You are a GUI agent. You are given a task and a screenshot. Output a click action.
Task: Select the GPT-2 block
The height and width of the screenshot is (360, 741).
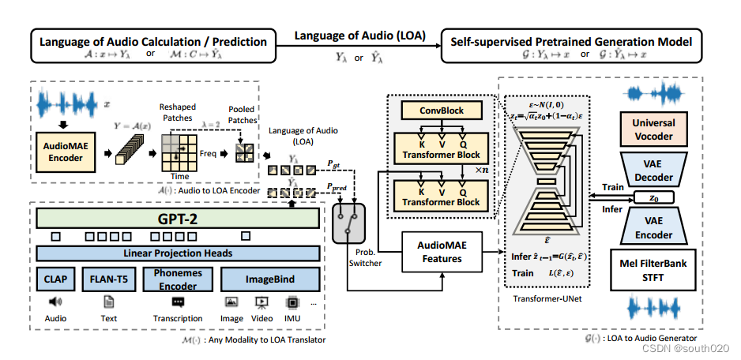178,218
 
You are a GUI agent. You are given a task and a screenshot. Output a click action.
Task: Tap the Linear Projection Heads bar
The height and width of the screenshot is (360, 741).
178,253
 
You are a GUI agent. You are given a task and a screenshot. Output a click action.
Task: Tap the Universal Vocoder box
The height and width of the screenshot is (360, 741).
653,129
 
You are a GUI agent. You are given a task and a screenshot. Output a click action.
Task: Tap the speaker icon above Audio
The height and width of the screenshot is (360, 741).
55,302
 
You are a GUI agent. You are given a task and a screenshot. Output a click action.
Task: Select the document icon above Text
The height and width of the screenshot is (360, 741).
109,302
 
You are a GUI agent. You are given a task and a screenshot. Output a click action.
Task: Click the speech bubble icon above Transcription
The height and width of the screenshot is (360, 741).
178,302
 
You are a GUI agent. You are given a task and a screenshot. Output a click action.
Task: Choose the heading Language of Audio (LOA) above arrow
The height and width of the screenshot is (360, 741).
359,36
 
